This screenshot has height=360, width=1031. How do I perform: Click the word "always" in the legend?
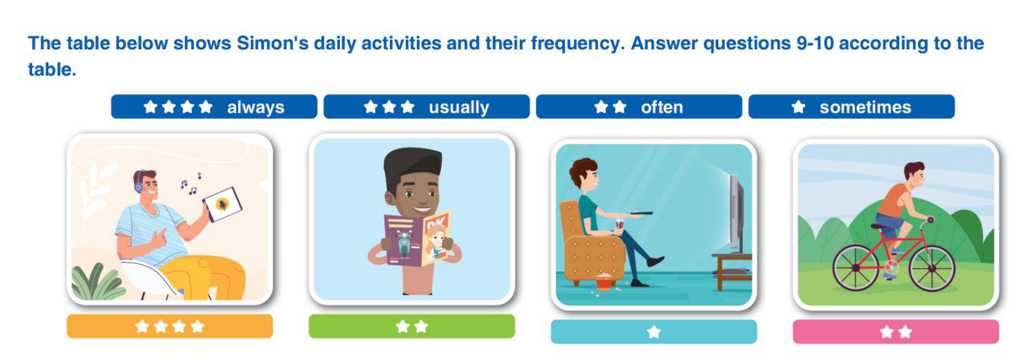[256, 107]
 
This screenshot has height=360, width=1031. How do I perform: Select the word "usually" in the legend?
[459, 107]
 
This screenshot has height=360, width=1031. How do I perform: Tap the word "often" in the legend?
[662, 107]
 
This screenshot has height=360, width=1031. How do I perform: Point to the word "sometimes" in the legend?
[865, 107]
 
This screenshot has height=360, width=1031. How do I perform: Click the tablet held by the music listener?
[222, 204]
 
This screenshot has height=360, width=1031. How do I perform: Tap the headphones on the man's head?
[138, 181]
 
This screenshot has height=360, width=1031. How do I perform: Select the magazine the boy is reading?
[417, 240]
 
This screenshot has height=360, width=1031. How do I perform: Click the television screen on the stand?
[737, 213]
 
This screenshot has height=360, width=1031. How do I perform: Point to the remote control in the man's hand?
[641, 213]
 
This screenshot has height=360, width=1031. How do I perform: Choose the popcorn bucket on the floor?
[604, 281]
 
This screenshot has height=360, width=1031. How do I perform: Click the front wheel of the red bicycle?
[932, 268]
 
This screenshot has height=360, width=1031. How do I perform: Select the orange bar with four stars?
[170, 327]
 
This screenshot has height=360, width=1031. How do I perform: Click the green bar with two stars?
[412, 327]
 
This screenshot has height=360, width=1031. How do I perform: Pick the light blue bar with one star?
[654, 331]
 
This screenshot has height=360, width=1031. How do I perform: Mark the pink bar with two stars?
[896, 331]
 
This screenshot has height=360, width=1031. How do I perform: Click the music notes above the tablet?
[191, 183]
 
